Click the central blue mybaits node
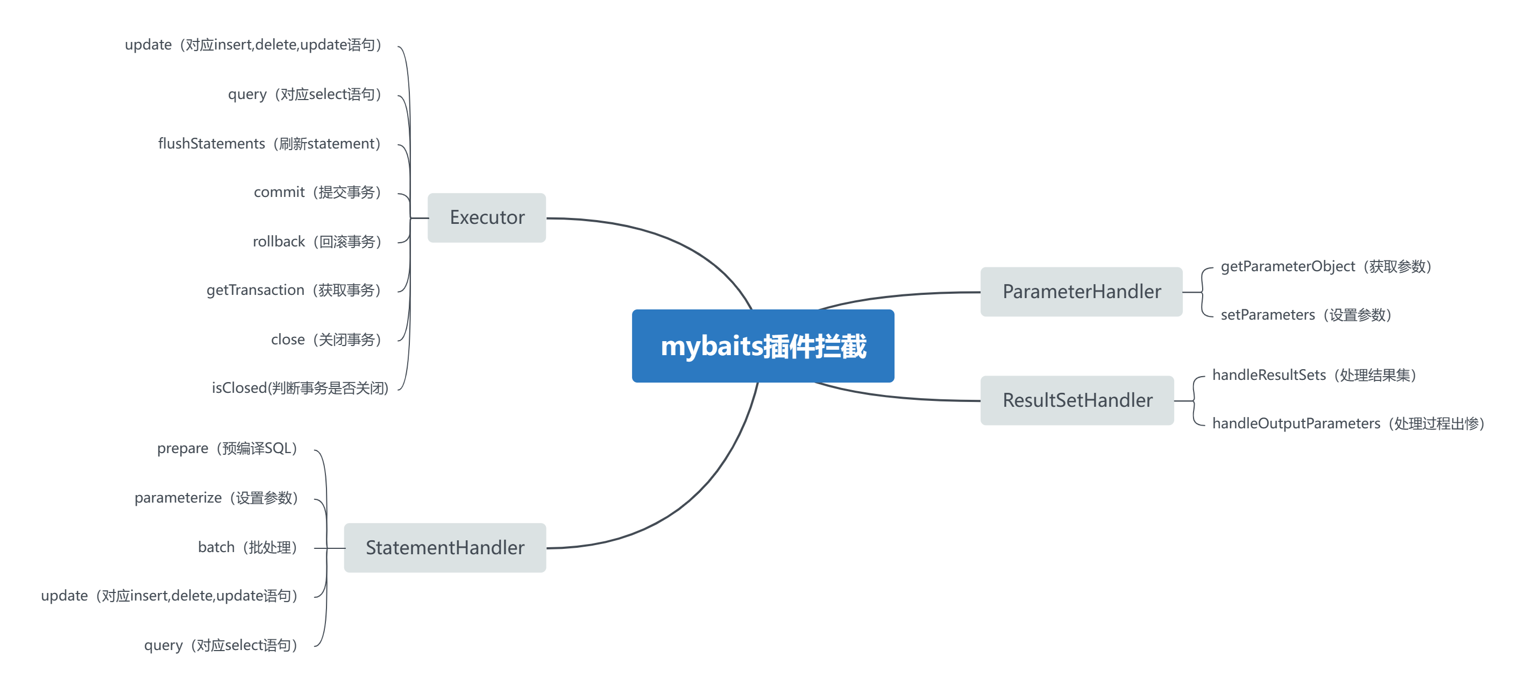763,346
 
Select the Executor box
487,217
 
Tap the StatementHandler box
445,547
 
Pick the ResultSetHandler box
1077,400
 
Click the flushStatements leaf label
269,144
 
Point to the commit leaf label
317,192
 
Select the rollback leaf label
317,242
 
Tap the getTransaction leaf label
294,290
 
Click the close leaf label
326,340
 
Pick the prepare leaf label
227,448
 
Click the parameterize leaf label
216,498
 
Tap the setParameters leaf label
1306,315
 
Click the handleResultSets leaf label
1314,375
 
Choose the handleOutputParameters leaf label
1349,423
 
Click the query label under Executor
304,94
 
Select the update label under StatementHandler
169,596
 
